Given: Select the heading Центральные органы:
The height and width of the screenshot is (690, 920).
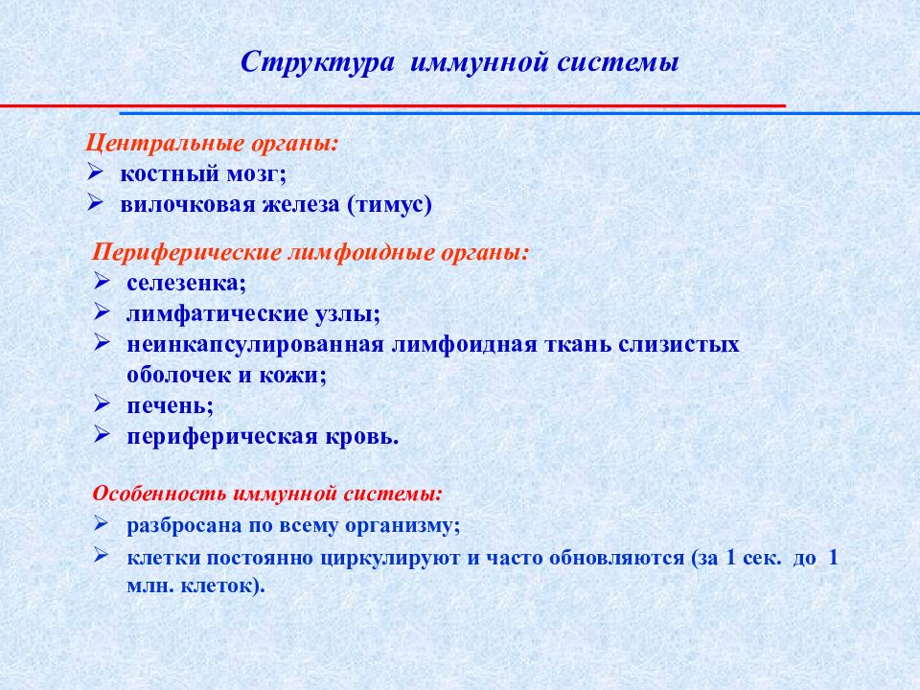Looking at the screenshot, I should tap(212, 144).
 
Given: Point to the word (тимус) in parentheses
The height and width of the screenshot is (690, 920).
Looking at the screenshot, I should tap(390, 205).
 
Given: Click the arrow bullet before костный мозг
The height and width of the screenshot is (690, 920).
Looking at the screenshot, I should tap(95, 172).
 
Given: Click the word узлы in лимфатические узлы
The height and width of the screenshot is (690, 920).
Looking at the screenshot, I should tap(347, 314).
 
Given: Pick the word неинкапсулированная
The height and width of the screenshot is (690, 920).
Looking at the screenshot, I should tap(255, 345).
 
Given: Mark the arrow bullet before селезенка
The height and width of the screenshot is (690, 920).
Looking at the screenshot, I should tap(103, 283).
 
